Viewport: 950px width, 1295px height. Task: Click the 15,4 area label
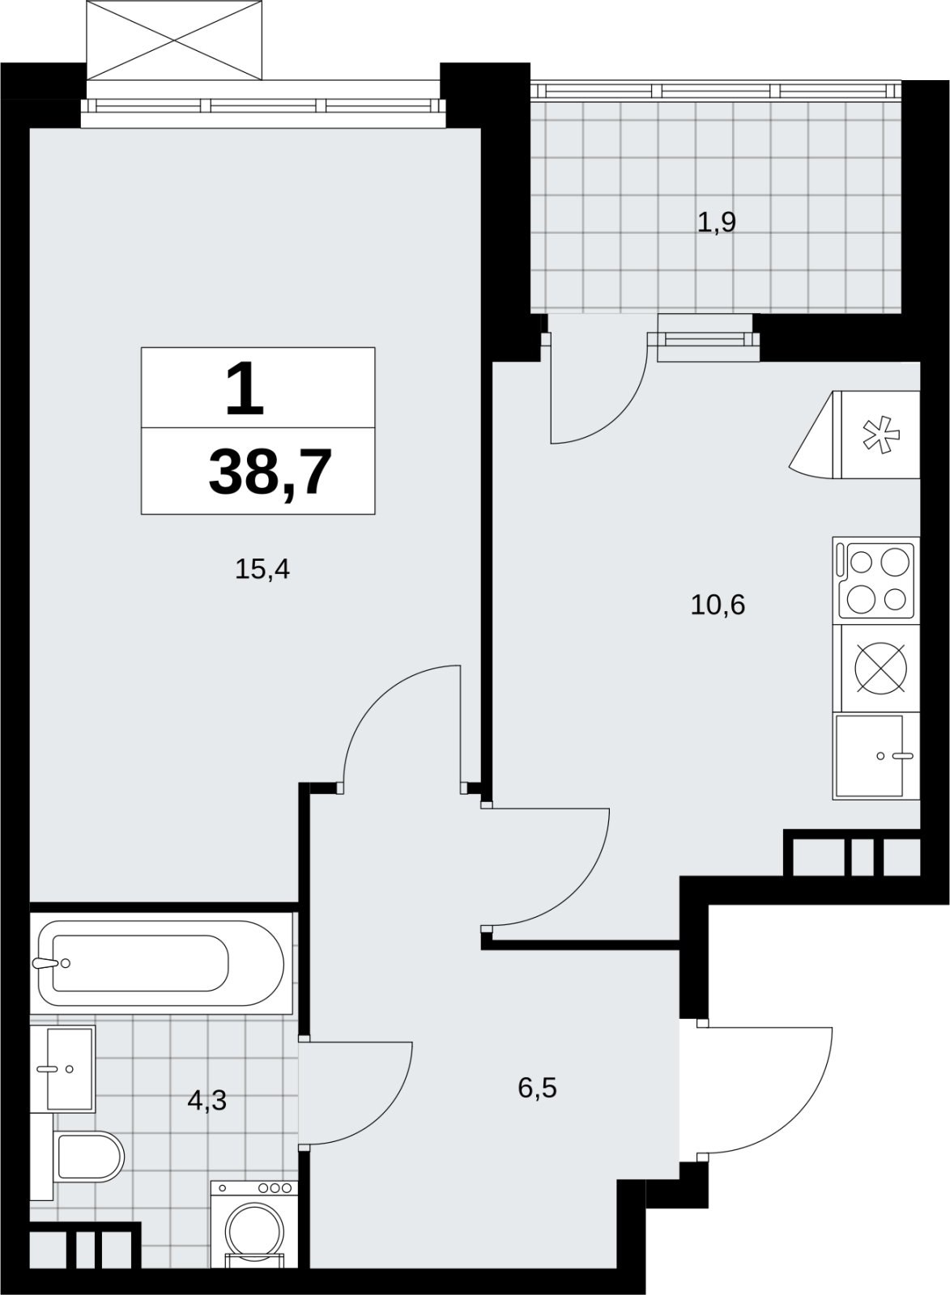tap(262, 570)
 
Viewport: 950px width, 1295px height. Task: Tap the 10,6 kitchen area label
tap(718, 605)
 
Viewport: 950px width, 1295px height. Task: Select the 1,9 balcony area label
tap(716, 222)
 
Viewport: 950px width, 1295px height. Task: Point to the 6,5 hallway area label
tap(537, 1088)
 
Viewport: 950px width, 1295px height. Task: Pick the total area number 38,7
tap(271, 473)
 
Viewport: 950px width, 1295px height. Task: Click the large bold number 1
tap(245, 388)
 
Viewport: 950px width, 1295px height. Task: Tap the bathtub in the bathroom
tap(161, 962)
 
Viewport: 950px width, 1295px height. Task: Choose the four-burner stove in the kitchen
tap(876, 580)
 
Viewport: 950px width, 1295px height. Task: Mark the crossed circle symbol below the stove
tap(880, 669)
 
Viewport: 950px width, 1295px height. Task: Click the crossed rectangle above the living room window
tap(174, 40)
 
